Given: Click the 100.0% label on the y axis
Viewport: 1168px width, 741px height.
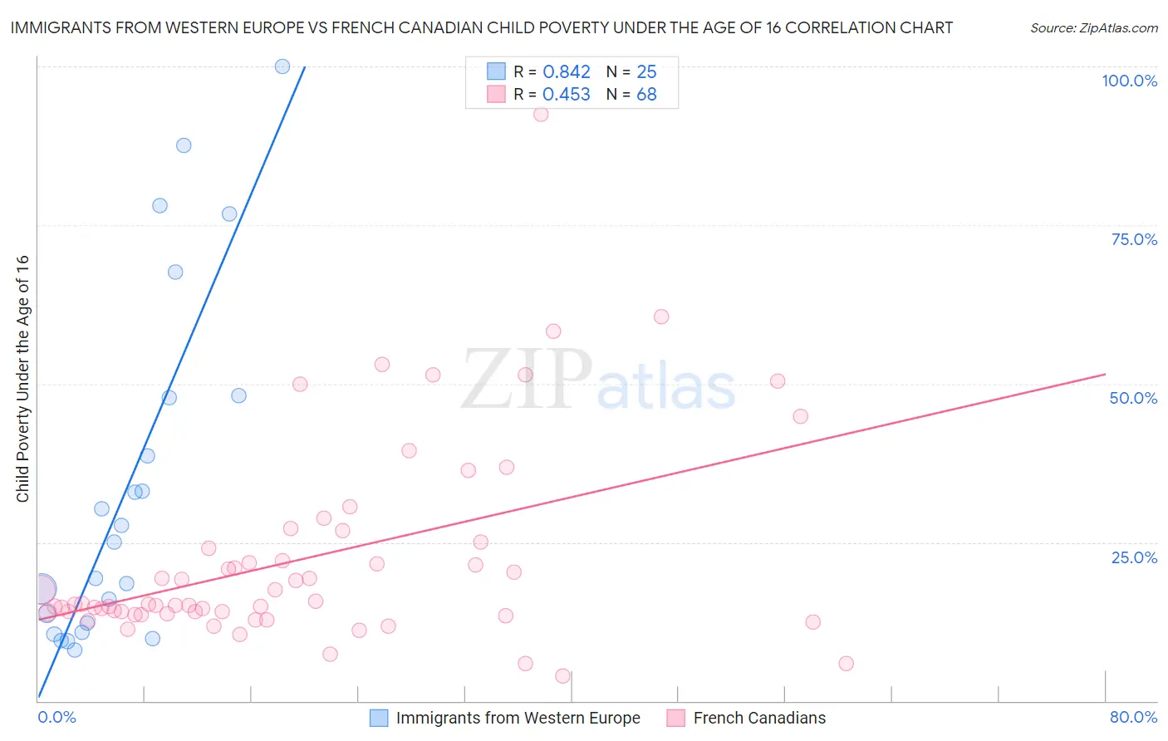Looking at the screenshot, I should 1129,81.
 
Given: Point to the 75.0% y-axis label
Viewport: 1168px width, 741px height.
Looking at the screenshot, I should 1134,239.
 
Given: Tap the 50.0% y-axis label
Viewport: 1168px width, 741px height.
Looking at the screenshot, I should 1133,398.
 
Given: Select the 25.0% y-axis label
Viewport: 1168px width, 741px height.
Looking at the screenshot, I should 1134,557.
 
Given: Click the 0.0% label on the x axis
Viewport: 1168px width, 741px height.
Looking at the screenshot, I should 56,717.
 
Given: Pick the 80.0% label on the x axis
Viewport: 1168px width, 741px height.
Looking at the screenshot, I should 1133,717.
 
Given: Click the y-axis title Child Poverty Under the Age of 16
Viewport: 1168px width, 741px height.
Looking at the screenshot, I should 22,378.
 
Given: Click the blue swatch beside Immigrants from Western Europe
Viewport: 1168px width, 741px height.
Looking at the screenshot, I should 379,718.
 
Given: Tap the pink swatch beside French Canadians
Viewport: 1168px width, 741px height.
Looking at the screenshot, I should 675,718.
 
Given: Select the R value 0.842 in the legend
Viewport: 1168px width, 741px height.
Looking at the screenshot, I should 567,72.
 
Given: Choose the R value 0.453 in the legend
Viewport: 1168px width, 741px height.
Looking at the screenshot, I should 567,95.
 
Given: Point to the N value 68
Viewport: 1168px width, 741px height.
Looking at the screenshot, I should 646,95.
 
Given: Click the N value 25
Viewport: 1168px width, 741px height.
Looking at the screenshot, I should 646,72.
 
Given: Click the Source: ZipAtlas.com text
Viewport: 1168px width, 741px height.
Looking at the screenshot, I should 1093,28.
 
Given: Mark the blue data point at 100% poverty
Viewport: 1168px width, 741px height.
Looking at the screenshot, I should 282,66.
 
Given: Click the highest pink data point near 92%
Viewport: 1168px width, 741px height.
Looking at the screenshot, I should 541,115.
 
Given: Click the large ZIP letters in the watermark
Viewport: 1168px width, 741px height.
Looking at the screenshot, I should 527,380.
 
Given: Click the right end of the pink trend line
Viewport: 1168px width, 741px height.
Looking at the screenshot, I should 1105,375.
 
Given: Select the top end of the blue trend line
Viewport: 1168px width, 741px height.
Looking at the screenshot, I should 305,66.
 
